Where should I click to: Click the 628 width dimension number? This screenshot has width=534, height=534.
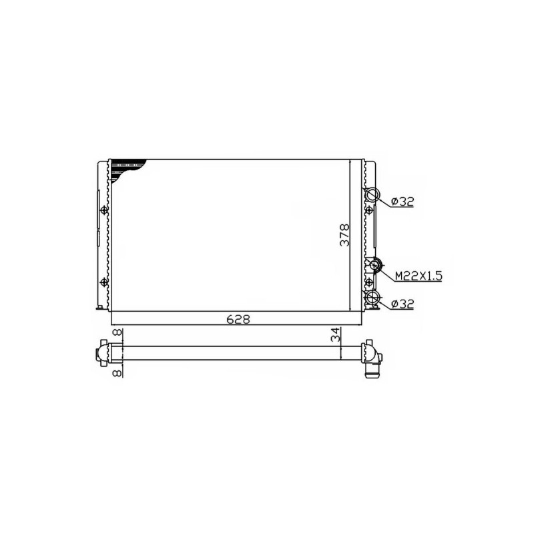[x=238, y=320]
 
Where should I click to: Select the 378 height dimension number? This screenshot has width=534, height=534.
[x=344, y=235]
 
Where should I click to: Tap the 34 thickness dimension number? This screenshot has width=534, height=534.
[x=336, y=335]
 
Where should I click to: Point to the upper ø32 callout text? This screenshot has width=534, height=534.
[x=403, y=202]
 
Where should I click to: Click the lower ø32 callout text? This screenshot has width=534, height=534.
[x=403, y=304]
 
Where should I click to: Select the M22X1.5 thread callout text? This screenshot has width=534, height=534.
[x=419, y=276]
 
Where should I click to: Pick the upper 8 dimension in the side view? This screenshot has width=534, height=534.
[x=117, y=332]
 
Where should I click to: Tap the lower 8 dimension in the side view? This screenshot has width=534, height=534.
[x=117, y=373]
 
